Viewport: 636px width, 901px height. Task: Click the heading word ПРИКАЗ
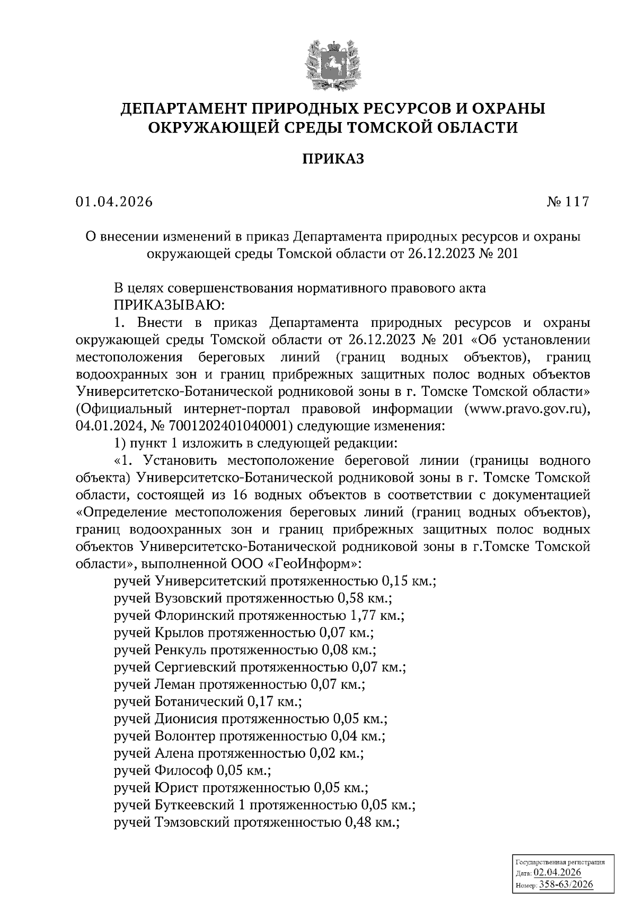(x=333, y=159)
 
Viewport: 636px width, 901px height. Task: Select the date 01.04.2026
(x=113, y=202)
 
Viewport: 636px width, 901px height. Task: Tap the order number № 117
(x=567, y=202)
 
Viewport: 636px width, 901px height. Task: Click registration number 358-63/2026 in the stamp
(x=566, y=885)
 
